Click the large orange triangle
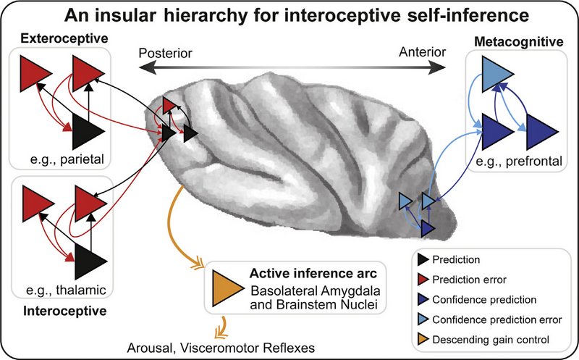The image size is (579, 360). (225, 290)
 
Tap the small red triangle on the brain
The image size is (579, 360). (169, 106)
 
